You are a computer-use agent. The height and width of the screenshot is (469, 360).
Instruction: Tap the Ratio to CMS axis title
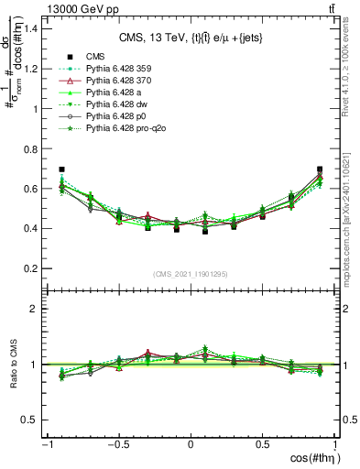[16, 365]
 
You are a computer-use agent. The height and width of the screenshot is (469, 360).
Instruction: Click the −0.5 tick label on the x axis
[116, 444]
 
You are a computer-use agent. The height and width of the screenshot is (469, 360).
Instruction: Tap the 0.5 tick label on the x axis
[263, 444]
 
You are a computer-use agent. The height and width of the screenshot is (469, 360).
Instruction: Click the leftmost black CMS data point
[61, 169]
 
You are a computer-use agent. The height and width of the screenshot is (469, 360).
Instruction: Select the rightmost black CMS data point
[320, 169]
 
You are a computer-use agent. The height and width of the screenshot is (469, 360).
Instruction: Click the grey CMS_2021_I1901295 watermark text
[191, 275]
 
